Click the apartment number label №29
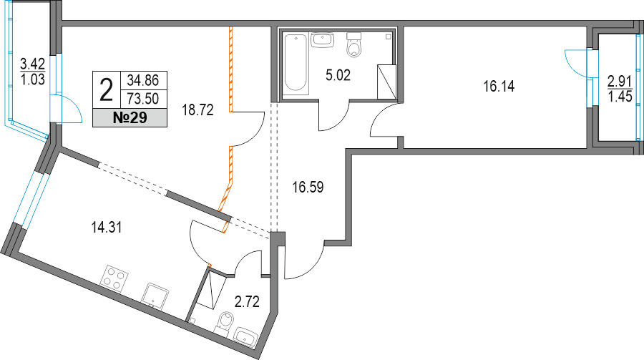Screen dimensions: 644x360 coord(130,118)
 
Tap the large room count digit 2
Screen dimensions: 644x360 coord(107,91)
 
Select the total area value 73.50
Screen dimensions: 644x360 coord(143,99)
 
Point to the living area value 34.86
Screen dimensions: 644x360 coord(143,80)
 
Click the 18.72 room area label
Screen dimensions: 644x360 coord(198,110)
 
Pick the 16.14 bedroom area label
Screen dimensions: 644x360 coord(499,87)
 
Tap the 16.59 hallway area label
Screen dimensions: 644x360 coord(308,188)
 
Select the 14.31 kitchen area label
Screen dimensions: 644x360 coord(107,227)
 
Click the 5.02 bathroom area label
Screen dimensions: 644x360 coord(338,76)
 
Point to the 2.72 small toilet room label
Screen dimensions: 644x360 coord(247,302)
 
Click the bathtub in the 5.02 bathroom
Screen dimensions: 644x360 coord(296,64)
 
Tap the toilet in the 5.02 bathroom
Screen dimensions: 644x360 coord(353,44)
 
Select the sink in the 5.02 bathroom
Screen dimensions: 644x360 coord(323,40)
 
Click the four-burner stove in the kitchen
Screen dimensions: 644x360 coord(114,278)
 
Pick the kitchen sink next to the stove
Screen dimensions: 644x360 coord(155,296)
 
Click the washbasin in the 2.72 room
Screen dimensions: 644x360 coord(245,337)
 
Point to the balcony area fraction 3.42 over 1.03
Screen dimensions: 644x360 coord(32,72)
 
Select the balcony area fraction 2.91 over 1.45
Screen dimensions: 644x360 coord(620,89)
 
